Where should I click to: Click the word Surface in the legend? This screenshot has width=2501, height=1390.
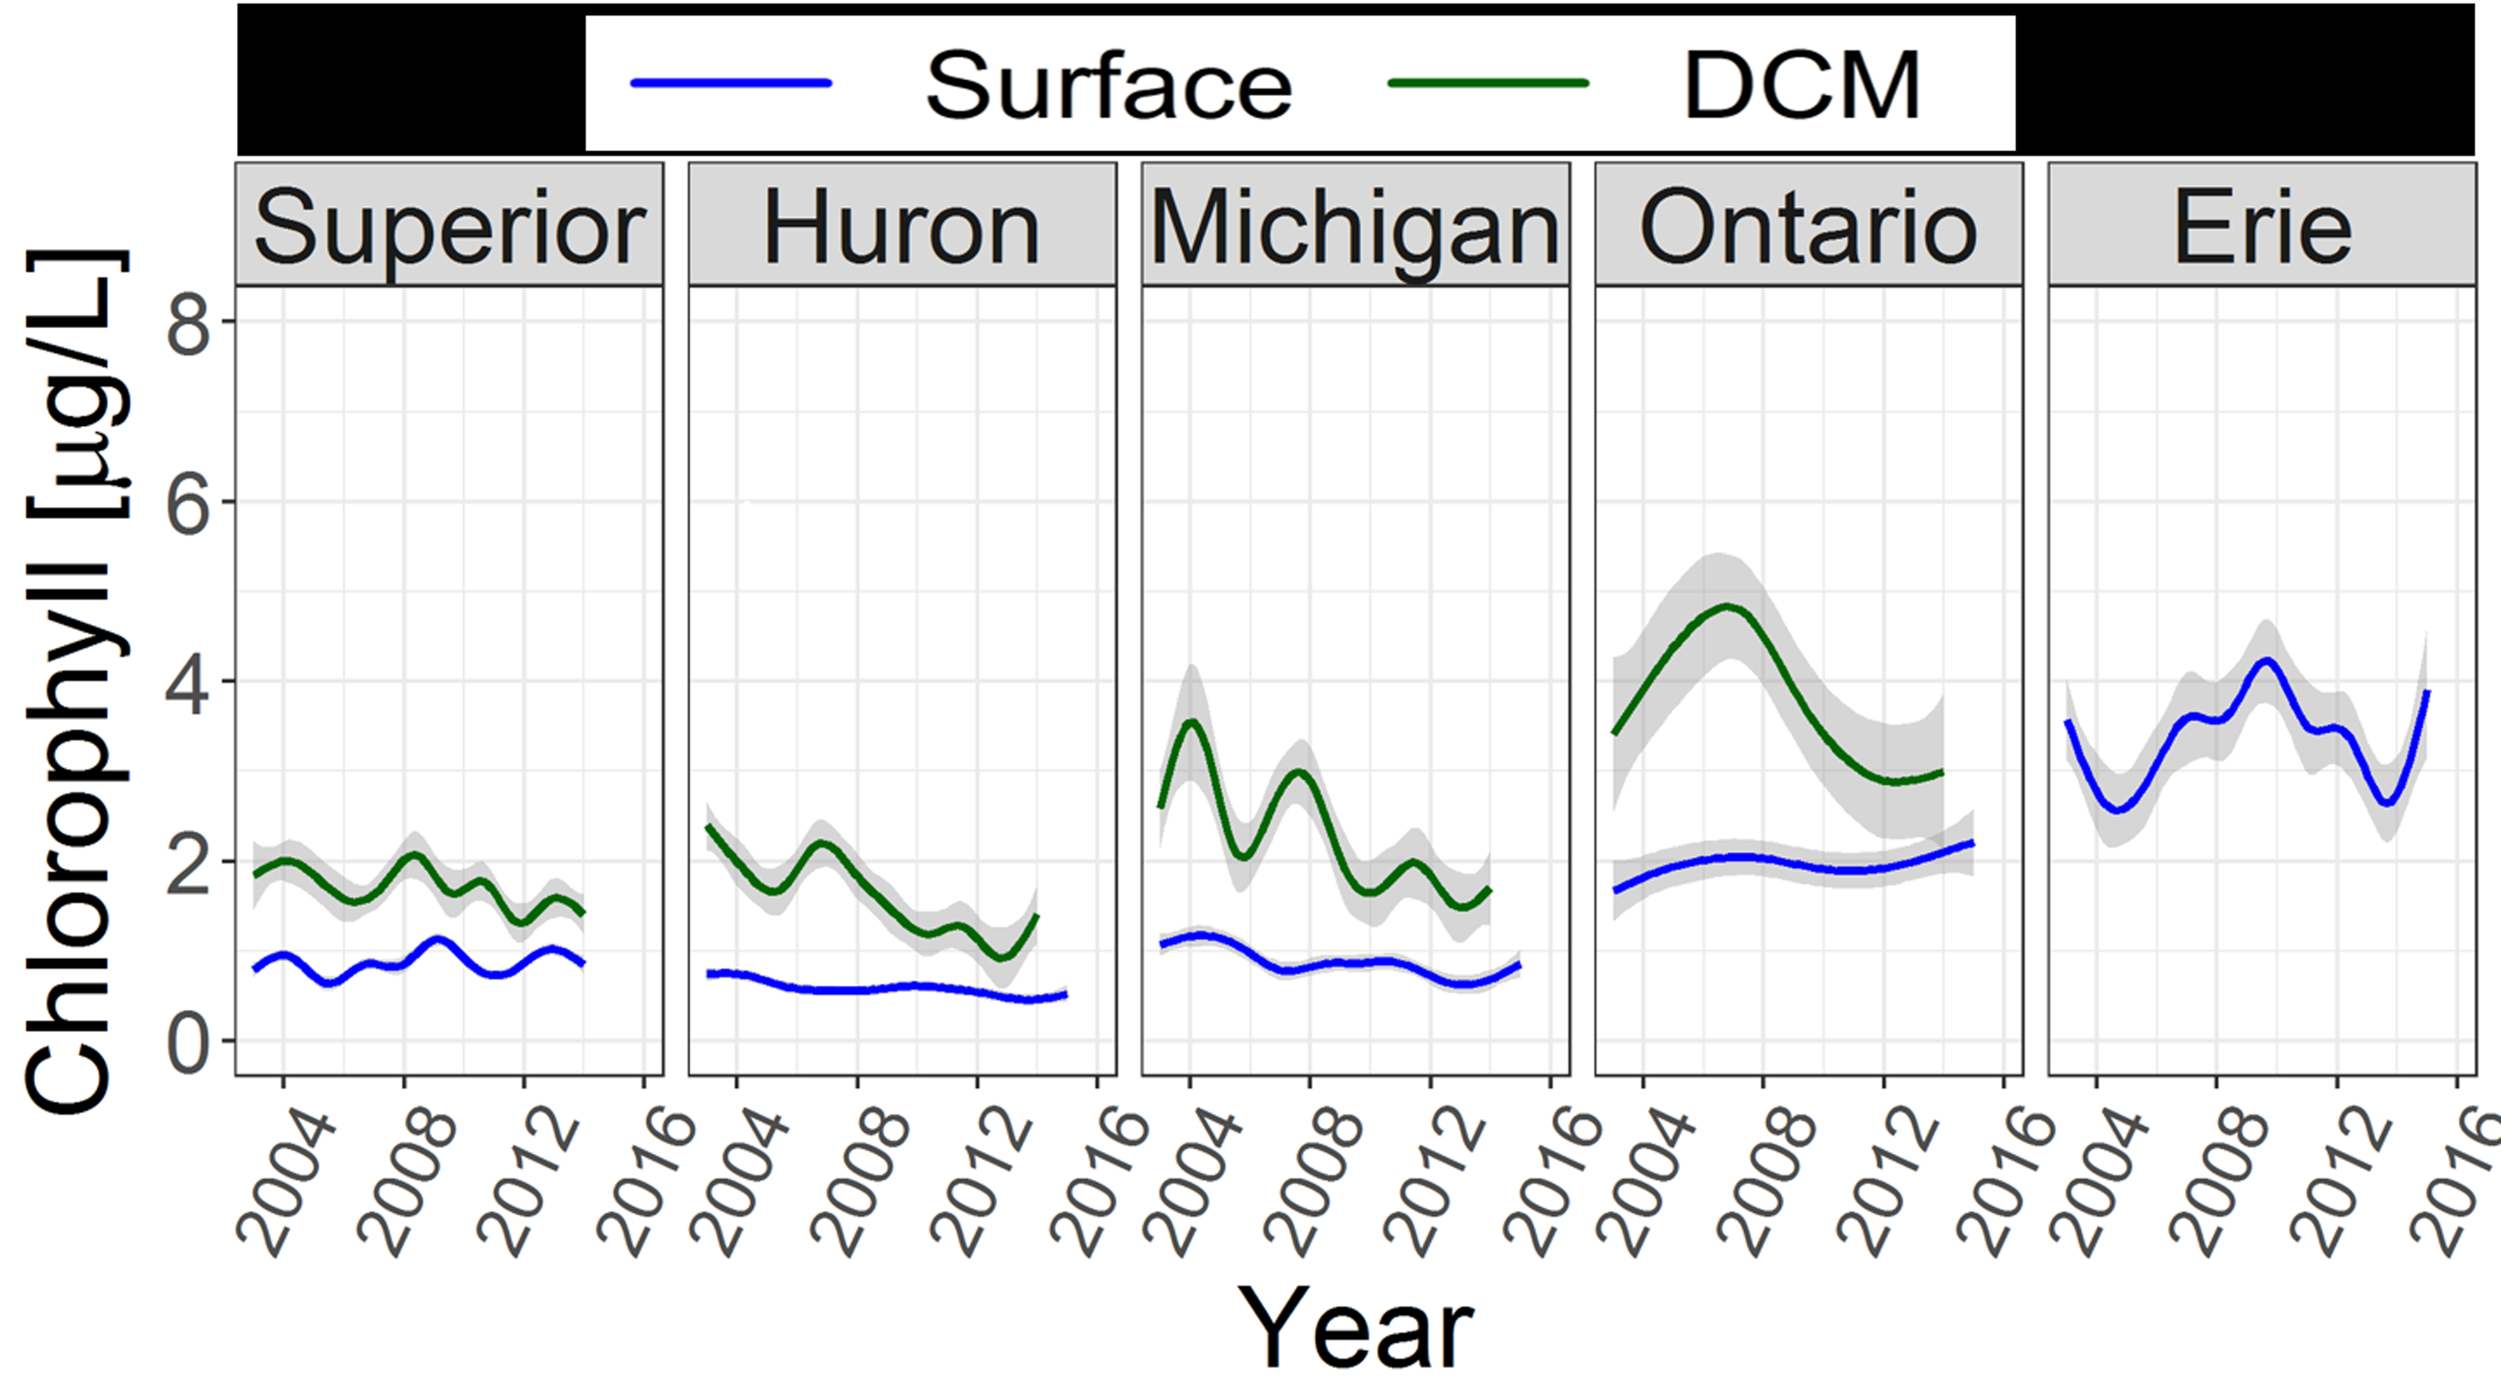pos(1108,85)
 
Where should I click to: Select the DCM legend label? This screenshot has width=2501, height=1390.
pos(1801,85)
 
